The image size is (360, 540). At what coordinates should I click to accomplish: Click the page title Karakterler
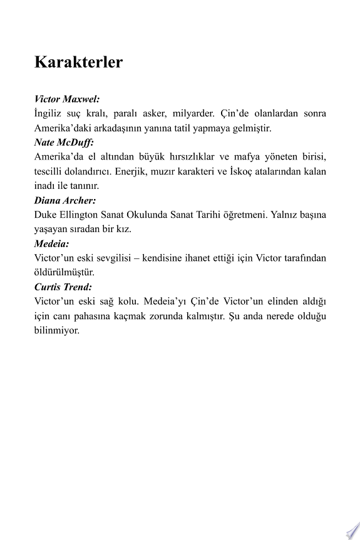[x=78, y=63]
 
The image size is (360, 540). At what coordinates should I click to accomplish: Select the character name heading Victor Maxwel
[x=67, y=99]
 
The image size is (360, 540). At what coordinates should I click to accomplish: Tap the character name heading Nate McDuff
[x=63, y=142]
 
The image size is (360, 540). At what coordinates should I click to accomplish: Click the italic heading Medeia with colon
[x=51, y=244]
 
